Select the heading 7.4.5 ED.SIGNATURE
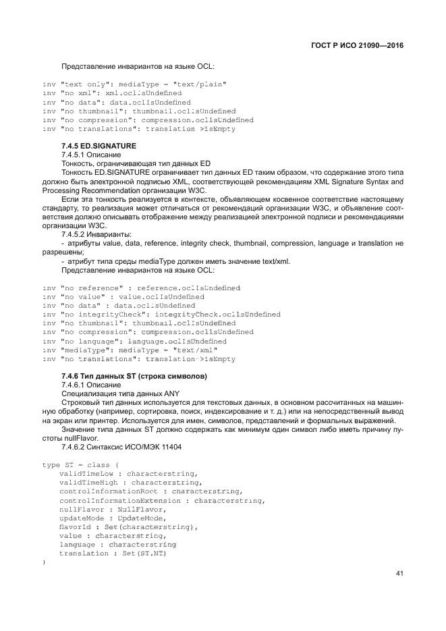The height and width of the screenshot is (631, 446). [x=99, y=145]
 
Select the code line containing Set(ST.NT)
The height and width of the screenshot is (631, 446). [x=112, y=553]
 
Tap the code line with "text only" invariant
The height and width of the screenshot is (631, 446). [x=134, y=84]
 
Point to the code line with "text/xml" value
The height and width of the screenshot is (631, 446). [x=130, y=350]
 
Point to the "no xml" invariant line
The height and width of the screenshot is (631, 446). [x=111, y=92]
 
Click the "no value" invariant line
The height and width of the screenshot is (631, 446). [x=123, y=296]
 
